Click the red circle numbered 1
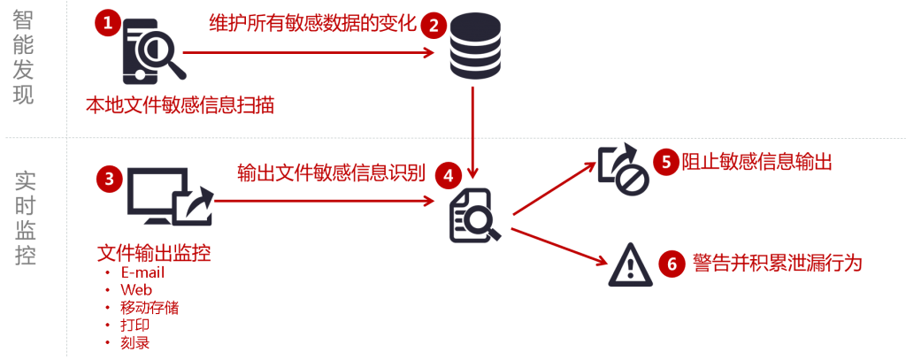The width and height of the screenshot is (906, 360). pyautogui.click(x=108, y=26)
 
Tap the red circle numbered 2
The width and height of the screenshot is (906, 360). pyautogui.click(x=433, y=26)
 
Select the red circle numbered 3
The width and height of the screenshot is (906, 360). pyautogui.click(x=108, y=180)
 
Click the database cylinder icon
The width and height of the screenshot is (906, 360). pyautogui.click(x=474, y=47)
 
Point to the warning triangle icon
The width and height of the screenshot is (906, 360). pyautogui.click(x=630, y=264)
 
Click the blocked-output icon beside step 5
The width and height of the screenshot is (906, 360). pyautogui.click(x=624, y=168)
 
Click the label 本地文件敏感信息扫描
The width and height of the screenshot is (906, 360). pyautogui.click(x=180, y=105)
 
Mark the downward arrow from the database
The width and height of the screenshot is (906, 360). pyautogui.click(x=474, y=133)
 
